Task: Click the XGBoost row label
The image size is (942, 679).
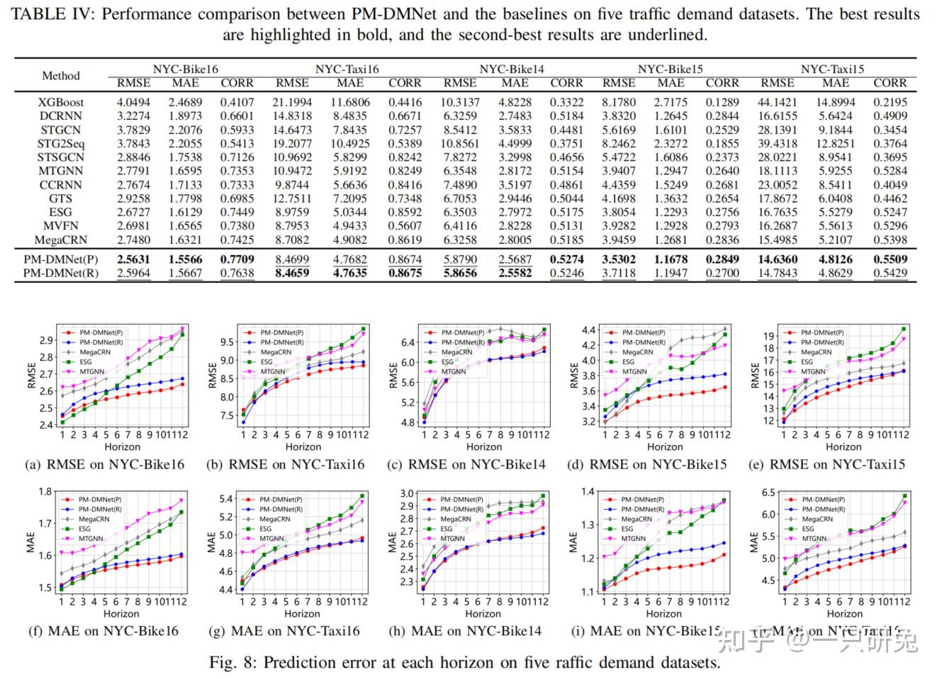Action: [60, 102]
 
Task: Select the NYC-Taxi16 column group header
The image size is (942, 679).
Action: [347, 69]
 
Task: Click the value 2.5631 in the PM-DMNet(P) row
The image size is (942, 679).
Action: [133, 259]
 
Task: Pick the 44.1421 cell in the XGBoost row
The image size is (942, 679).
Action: [777, 102]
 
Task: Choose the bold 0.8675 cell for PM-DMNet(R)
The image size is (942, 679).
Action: [405, 273]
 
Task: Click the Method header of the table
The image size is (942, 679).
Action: [61, 76]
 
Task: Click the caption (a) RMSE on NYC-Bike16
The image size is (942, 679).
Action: [104, 465]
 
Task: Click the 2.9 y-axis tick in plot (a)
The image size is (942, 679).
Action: [46, 341]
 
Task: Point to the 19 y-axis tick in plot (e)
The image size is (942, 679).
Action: [768, 336]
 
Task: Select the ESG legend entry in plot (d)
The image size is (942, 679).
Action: [628, 361]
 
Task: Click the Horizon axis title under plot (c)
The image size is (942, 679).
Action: [484, 447]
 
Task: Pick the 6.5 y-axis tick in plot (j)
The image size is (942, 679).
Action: [768, 493]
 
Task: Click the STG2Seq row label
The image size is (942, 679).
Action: [60, 144]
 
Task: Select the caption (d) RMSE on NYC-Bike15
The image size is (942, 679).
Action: [646, 465]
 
